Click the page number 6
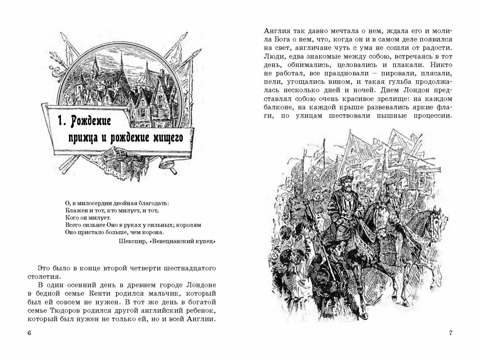click(29, 333)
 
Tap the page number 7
click(451, 333)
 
